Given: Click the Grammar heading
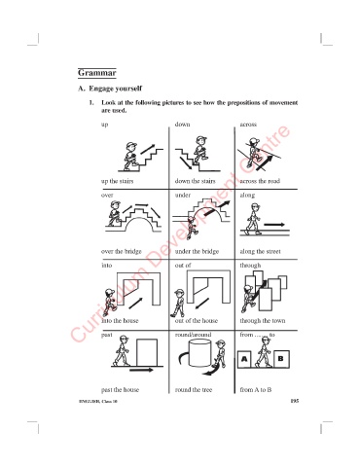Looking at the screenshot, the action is [96, 73].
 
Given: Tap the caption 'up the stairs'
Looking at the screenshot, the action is [117, 181].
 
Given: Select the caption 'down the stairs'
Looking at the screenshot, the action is [195, 181].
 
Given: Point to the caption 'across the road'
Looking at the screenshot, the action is [260, 181].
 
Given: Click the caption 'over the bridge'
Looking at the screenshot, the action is [122, 251].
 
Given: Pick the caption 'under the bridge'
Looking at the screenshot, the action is [197, 251].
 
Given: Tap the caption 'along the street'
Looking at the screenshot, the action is [260, 251].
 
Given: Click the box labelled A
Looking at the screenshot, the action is [244, 359].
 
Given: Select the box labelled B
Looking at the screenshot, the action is [281, 359].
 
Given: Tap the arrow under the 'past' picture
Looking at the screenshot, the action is [141, 370].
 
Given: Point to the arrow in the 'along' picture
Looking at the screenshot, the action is [274, 225].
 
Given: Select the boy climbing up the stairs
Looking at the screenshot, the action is [130, 156].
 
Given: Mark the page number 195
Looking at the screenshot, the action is [295, 401].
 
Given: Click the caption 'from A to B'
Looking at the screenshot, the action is [256, 390].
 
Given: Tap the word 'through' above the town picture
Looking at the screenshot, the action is [250, 266].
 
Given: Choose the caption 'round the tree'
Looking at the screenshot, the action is [194, 390].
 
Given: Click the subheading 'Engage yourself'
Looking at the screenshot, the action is [116, 89].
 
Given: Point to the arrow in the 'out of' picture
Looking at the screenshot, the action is [202, 304].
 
